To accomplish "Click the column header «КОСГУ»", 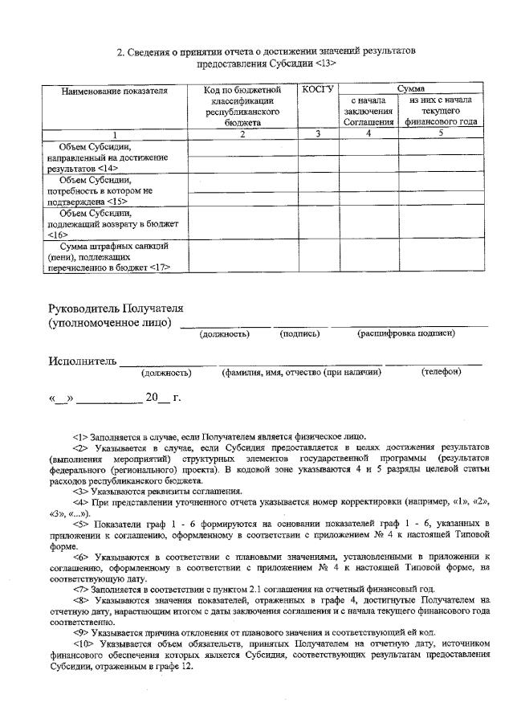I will (x=318, y=88).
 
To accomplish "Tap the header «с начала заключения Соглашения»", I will (x=368, y=111).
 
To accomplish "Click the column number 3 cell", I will (x=318, y=133).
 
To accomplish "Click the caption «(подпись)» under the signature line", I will (x=299, y=333).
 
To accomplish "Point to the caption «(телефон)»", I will (x=441, y=372).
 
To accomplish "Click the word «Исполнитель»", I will (x=83, y=361).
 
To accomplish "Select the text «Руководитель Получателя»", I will (x=116, y=308).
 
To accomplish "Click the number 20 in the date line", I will (x=152, y=396).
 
